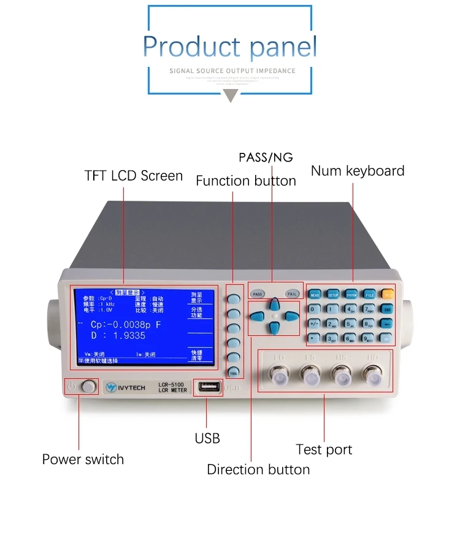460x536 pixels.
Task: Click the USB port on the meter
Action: [208, 387]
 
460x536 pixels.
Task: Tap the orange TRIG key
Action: [388, 295]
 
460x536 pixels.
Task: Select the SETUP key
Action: [332, 295]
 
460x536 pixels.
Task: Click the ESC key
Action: [388, 309]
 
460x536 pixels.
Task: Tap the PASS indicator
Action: [258, 294]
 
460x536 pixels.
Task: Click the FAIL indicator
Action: [292, 294]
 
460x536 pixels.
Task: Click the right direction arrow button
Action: [292, 317]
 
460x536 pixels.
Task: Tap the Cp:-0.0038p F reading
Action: [125, 325]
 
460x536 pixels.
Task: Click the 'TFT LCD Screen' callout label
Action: [134, 176]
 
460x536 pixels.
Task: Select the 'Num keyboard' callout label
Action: [358, 171]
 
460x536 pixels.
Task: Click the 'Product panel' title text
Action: [230, 47]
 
